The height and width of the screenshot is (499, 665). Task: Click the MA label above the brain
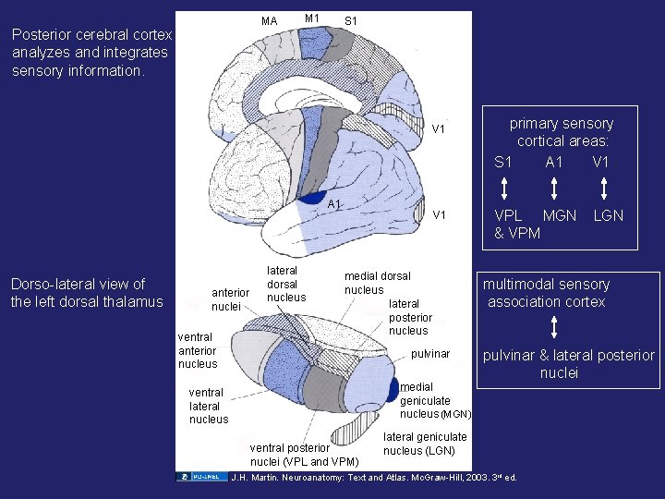click(269, 21)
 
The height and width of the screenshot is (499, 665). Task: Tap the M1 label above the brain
click(312, 18)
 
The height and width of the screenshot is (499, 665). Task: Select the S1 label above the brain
click(351, 21)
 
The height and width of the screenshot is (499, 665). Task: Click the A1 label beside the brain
click(335, 204)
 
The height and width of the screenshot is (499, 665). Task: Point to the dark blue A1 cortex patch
click(312, 197)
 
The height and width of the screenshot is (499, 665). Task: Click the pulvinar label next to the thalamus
click(430, 354)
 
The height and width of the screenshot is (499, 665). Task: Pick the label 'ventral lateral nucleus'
click(208, 406)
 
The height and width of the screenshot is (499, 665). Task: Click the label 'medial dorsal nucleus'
click(377, 283)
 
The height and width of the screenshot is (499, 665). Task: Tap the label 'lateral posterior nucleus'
click(408, 317)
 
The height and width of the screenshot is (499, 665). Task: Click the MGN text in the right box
click(560, 215)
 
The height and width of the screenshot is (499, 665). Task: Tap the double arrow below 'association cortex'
click(553, 329)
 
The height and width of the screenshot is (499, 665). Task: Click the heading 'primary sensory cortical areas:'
click(562, 132)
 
